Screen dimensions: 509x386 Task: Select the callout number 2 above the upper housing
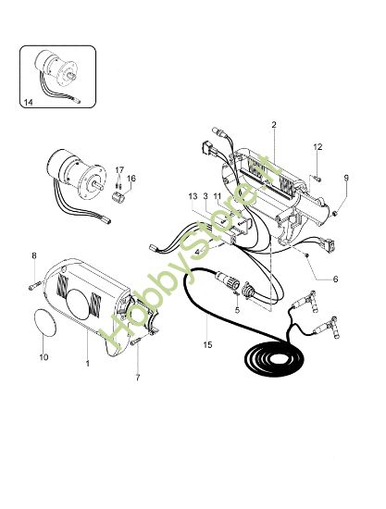[274, 124]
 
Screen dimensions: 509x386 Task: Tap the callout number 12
[318, 147]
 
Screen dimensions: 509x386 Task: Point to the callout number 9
[347, 178]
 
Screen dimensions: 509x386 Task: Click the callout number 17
[118, 169]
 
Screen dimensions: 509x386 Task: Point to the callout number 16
[131, 178]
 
